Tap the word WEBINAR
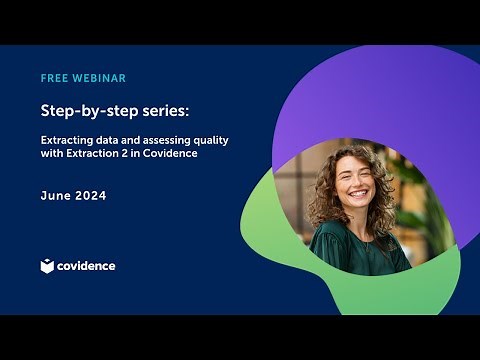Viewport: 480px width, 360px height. coord(100,78)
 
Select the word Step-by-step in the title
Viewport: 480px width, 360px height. coord(83,107)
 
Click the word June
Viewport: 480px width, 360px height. coord(55,196)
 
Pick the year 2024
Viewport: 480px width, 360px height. coord(91,196)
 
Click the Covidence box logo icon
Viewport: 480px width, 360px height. coord(47,266)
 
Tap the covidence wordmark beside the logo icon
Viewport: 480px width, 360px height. coord(86,266)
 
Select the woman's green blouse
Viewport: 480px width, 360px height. coord(360,250)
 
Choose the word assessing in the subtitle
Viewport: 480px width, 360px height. coord(161,140)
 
